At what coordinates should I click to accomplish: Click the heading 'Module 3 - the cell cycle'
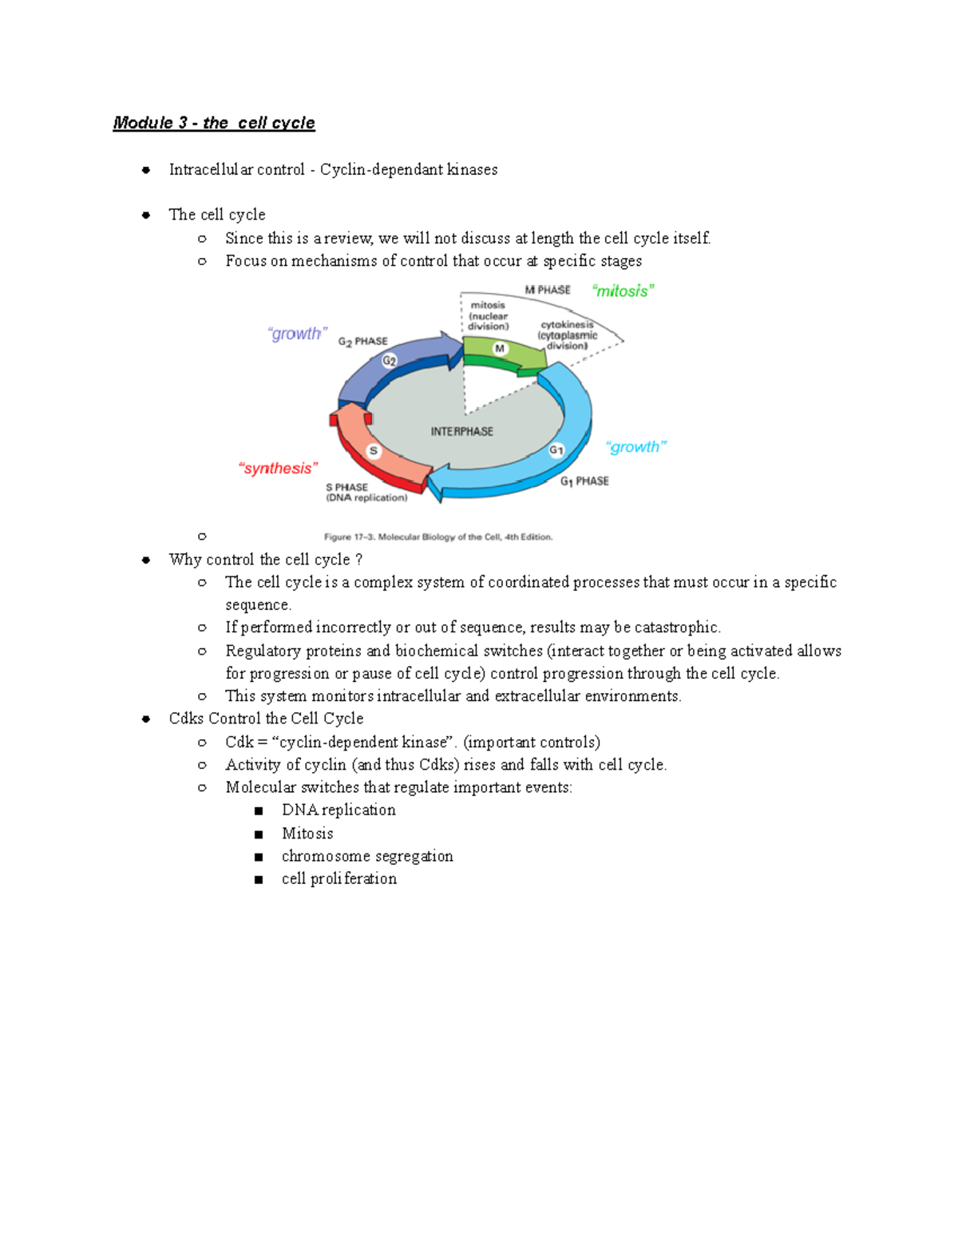pyautogui.click(x=214, y=123)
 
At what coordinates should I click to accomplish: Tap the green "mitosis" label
pyautogui.click(x=623, y=291)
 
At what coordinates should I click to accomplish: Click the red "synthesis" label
pyautogui.click(x=278, y=469)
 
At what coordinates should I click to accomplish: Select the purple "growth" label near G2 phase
pyautogui.click(x=297, y=334)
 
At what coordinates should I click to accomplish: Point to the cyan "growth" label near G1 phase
pyautogui.click(x=635, y=447)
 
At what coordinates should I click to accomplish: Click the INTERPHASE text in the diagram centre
pyautogui.click(x=461, y=432)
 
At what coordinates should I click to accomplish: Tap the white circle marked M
pyautogui.click(x=500, y=349)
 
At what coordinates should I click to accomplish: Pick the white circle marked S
pyautogui.click(x=373, y=451)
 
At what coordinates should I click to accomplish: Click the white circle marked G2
pyautogui.click(x=389, y=361)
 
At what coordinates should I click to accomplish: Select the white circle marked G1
pyautogui.click(x=556, y=450)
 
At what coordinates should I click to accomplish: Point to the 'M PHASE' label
pyautogui.click(x=548, y=290)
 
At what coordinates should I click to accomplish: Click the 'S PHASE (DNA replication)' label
pyautogui.click(x=366, y=493)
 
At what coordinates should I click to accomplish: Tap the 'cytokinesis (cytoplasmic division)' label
pyautogui.click(x=568, y=335)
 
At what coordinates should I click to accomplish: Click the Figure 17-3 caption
pyautogui.click(x=437, y=537)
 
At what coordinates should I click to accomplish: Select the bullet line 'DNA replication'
pyautogui.click(x=338, y=810)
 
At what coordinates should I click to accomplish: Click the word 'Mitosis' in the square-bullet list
pyautogui.click(x=307, y=834)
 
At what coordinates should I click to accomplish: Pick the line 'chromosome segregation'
pyautogui.click(x=367, y=856)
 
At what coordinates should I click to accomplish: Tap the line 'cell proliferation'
pyautogui.click(x=339, y=879)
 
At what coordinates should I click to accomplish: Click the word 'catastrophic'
pyautogui.click(x=676, y=628)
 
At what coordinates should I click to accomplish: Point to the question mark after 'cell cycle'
pyautogui.click(x=359, y=560)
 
